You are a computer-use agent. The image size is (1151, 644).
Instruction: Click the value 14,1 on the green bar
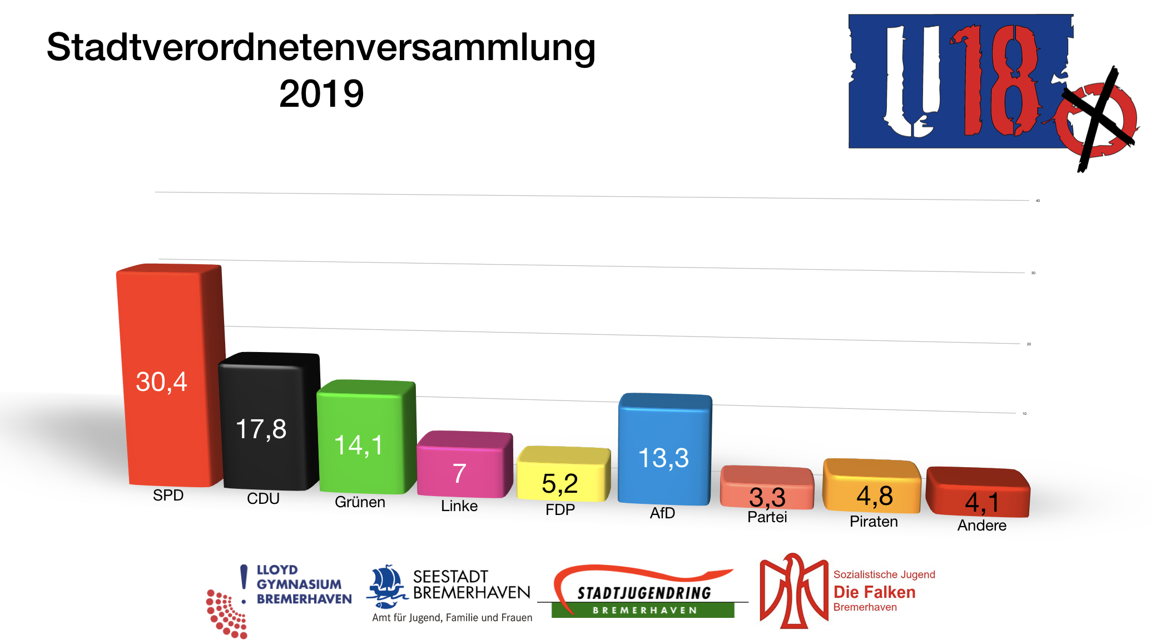(359, 445)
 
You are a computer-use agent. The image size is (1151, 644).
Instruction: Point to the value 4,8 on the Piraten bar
(874, 496)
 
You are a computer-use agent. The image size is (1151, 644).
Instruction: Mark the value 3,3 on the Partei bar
(767, 497)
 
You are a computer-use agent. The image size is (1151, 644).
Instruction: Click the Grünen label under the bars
(360, 502)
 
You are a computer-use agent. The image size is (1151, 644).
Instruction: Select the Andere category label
(981, 526)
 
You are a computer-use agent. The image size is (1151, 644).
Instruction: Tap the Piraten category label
(874, 522)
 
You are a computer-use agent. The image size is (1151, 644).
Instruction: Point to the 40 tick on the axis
(1038, 201)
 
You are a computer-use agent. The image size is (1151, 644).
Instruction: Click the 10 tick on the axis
(1024, 414)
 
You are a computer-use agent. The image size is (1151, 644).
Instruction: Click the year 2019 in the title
(321, 93)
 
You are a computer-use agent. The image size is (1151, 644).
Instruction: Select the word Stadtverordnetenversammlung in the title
(321, 47)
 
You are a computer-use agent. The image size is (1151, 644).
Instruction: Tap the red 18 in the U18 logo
(995, 81)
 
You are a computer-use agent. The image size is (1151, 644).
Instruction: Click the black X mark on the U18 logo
(1098, 120)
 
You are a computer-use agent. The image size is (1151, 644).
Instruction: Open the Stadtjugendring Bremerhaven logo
(643, 592)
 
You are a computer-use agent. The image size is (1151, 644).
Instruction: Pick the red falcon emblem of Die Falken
(793, 591)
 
